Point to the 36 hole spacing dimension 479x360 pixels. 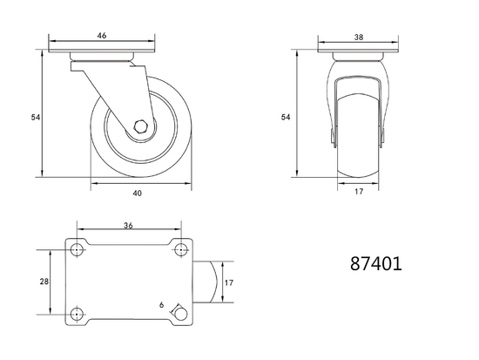tap(127, 226)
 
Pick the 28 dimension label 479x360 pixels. tap(44, 282)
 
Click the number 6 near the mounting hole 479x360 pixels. tap(162, 305)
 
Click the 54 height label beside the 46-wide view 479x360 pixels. tap(36, 116)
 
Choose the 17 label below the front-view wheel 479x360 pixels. tap(359, 194)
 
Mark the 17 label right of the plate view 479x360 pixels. tap(230, 282)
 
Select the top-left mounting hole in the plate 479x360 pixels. tap(76, 250)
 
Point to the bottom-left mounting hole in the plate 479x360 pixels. tap(76, 314)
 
